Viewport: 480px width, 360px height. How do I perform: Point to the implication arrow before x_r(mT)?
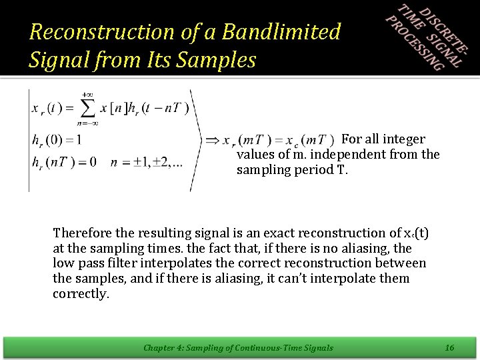(212, 140)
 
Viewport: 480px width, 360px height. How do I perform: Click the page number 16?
(449, 347)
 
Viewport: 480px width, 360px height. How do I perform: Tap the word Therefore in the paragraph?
(82, 233)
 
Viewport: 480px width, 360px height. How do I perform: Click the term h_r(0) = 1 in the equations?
(57, 139)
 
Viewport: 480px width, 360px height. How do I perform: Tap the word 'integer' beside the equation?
(405, 139)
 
